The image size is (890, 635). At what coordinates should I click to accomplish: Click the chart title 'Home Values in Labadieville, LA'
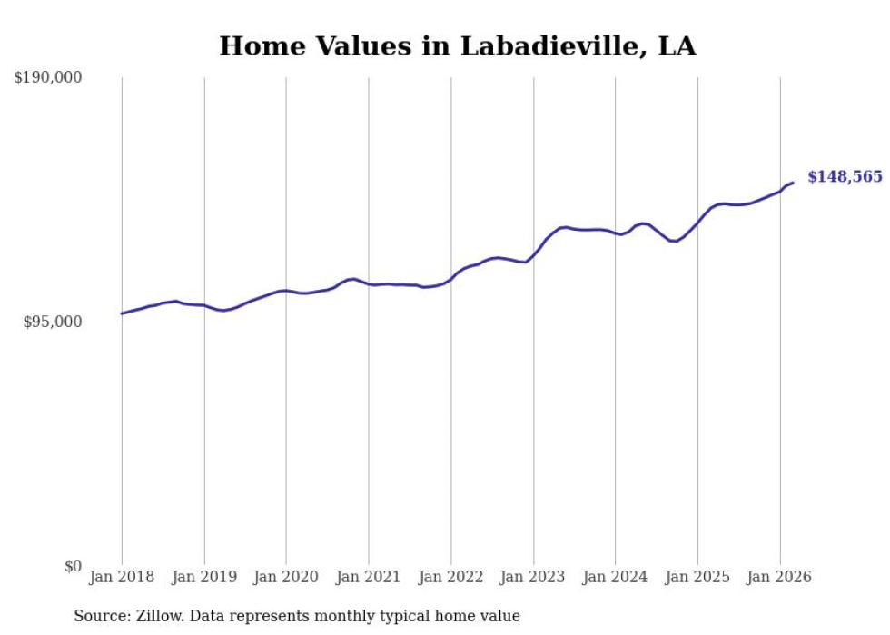click(x=458, y=46)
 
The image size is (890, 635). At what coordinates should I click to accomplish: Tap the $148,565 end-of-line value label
click(x=845, y=176)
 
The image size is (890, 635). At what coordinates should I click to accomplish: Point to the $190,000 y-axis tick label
click(x=48, y=78)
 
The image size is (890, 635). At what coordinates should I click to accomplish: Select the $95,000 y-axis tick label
click(x=53, y=322)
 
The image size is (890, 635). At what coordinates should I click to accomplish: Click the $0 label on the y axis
click(x=73, y=567)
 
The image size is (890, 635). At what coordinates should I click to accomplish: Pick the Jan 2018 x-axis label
click(x=122, y=577)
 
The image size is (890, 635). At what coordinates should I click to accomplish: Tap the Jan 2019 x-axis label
click(x=204, y=577)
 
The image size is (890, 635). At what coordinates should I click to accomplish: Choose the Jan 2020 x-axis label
click(x=286, y=577)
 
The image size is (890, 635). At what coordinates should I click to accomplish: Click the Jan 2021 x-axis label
click(x=369, y=577)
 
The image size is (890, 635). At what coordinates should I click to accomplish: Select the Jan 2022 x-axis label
click(x=451, y=577)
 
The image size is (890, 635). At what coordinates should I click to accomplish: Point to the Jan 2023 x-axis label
click(x=534, y=577)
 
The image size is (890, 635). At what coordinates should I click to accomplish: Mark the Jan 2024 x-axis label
click(x=616, y=577)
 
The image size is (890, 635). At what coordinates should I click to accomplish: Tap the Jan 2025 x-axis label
click(x=697, y=577)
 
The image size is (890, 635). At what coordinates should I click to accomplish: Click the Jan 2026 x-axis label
click(x=780, y=577)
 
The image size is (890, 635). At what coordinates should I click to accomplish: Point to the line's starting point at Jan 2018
click(x=122, y=313)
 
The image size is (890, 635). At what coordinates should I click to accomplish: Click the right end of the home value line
click(x=794, y=183)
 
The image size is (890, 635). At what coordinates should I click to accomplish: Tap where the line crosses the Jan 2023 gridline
click(x=534, y=253)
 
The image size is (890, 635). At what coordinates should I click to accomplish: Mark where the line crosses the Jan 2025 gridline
click(x=697, y=222)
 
